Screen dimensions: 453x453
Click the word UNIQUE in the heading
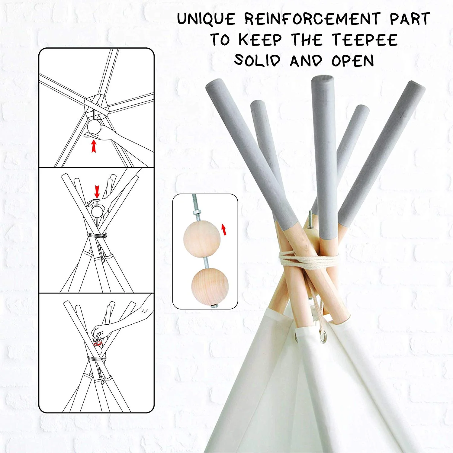tap(206, 19)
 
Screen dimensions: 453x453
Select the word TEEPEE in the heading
tap(365, 40)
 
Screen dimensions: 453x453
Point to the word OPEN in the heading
tap(353, 60)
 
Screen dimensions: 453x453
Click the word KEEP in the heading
tap(260, 40)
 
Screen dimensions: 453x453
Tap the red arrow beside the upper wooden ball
tap(224, 229)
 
